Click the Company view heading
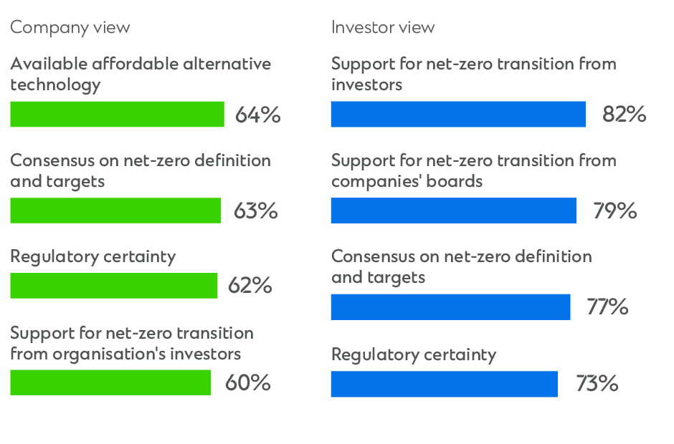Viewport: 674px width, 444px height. click(70, 27)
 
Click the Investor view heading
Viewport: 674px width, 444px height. click(383, 27)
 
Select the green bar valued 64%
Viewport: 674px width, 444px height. click(118, 114)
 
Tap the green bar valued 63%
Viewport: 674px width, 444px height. click(115, 211)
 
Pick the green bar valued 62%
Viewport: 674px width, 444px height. click(114, 286)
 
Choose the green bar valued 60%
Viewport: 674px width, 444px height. click(110, 382)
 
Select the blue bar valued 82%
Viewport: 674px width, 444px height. click(458, 114)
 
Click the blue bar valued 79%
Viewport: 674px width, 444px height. click(453, 211)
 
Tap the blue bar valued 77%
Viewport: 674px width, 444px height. click(450, 307)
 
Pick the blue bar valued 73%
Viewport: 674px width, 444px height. click(445, 384)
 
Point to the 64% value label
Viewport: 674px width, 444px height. click(257, 115)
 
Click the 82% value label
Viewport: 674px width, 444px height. click(624, 115)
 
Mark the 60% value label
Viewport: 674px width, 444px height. click(247, 382)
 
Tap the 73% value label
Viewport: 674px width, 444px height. click(597, 383)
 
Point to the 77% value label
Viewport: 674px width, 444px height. click(607, 307)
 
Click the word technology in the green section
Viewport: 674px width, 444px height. click(55, 85)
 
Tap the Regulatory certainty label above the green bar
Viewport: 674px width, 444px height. click(92, 257)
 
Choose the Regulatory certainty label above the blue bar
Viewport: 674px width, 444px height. click(414, 355)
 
